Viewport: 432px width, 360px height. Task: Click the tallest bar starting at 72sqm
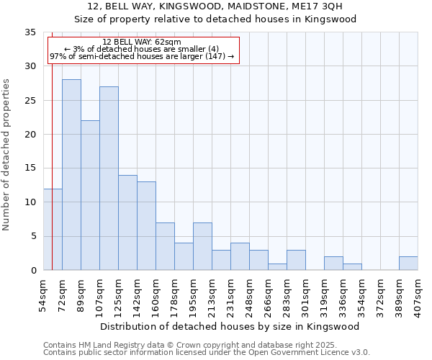point(71,175)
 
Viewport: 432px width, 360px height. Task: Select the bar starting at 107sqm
point(109,179)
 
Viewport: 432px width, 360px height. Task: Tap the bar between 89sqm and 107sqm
point(90,195)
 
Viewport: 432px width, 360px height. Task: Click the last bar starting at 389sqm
point(408,264)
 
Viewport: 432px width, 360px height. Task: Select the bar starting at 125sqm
point(127,222)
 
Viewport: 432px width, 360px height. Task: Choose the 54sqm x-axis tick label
point(43,294)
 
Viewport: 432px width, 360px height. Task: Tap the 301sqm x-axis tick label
point(305,294)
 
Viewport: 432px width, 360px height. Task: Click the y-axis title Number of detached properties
point(7,155)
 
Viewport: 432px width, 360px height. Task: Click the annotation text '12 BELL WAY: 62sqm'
point(142,42)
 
